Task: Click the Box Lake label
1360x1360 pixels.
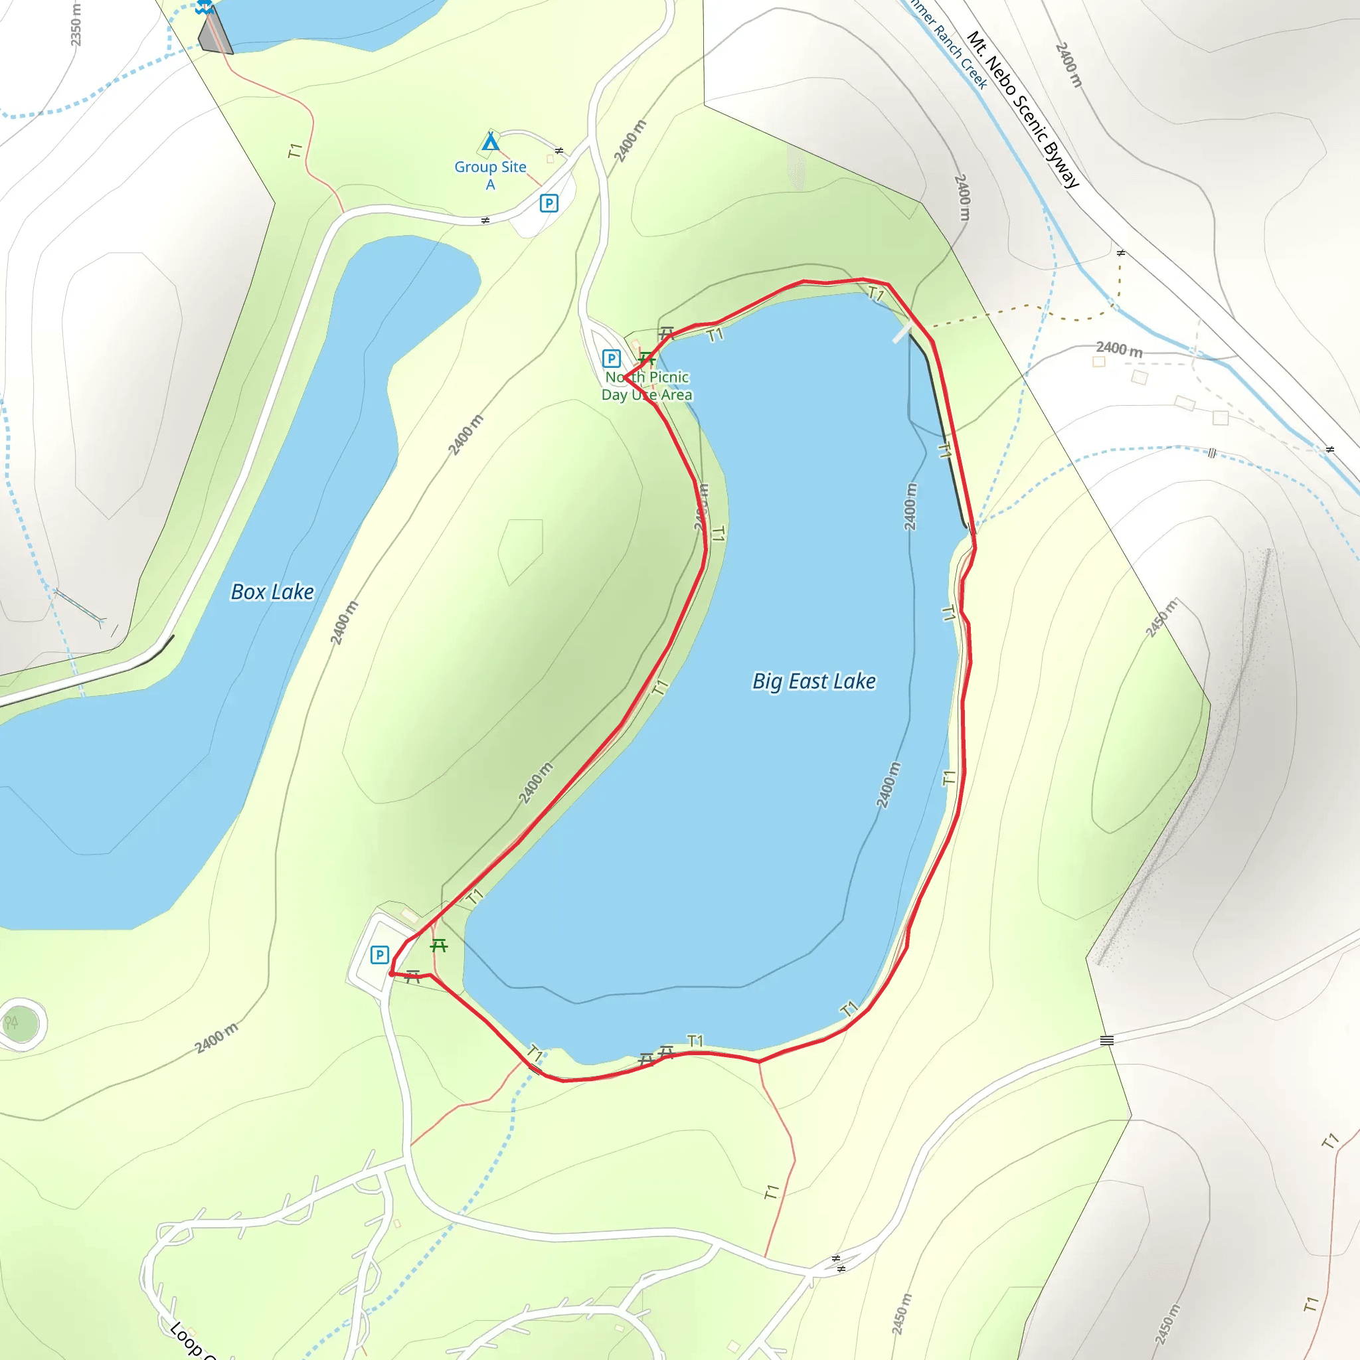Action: coord(272,592)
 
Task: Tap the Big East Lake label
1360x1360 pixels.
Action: coord(813,681)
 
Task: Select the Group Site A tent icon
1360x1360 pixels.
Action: coord(491,142)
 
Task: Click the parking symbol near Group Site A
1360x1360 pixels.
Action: coord(549,203)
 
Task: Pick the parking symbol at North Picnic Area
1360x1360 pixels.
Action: coord(611,359)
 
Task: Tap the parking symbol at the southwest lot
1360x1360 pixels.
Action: coord(379,954)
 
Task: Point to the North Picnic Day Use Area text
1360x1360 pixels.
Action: coord(647,386)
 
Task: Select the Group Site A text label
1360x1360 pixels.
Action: coord(491,175)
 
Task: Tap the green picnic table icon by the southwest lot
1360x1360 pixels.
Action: coord(439,946)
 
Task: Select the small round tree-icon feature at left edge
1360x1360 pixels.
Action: coord(21,1023)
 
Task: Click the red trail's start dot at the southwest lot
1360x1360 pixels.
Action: coord(391,974)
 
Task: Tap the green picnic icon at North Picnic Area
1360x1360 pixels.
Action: coord(647,360)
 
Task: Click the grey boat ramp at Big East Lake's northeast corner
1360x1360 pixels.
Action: coord(902,332)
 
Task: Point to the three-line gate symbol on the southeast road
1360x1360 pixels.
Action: coord(1106,1041)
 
